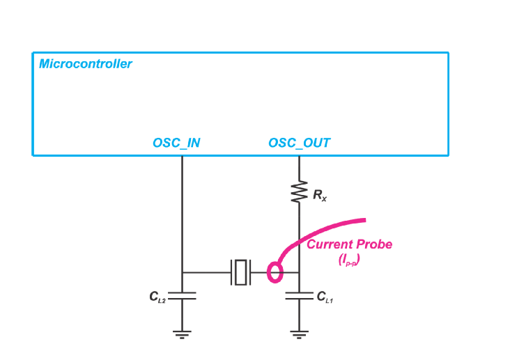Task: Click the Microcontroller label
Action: pyautogui.click(x=86, y=64)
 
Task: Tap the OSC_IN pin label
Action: pyautogui.click(x=176, y=143)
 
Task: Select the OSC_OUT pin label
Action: pyautogui.click(x=300, y=143)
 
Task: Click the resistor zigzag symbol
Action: pyautogui.click(x=300, y=191)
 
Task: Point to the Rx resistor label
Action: pyautogui.click(x=320, y=196)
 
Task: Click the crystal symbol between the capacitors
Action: pyautogui.click(x=241, y=272)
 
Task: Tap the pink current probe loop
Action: pyautogui.click(x=275, y=272)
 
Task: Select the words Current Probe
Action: pyautogui.click(x=349, y=244)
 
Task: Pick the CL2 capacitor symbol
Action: pyautogui.click(x=182, y=296)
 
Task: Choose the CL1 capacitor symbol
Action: pyautogui.click(x=300, y=296)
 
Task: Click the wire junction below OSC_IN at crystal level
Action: pyautogui.click(x=182, y=272)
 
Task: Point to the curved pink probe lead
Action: pyautogui.click(x=320, y=230)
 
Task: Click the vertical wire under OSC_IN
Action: pyautogui.click(x=182, y=209)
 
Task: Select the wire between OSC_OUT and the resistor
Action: pyautogui.click(x=300, y=167)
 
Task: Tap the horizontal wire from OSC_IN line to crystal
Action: pyautogui.click(x=206, y=272)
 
